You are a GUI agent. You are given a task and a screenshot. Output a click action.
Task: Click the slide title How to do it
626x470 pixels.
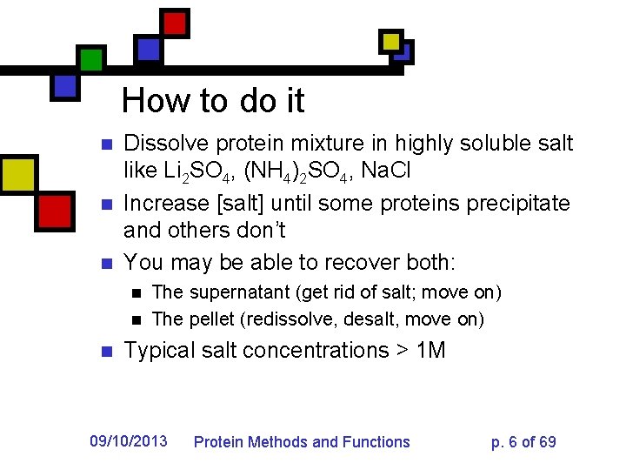(x=213, y=101)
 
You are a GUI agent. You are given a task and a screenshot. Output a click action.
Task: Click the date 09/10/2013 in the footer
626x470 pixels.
(x=129, y=441)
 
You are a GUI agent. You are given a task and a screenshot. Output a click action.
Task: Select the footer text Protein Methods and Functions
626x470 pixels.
(x=301, y=442)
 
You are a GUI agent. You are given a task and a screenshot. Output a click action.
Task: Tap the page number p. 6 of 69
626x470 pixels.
(x=523, y=442)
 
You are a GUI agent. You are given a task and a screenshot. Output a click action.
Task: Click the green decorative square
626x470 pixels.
(x=91, y=59)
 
